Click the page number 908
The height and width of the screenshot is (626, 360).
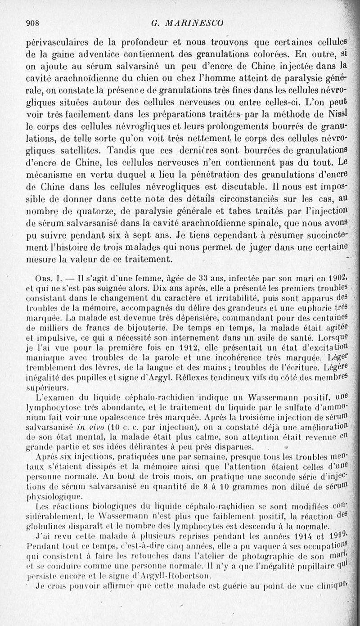click(x=34, y=23)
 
